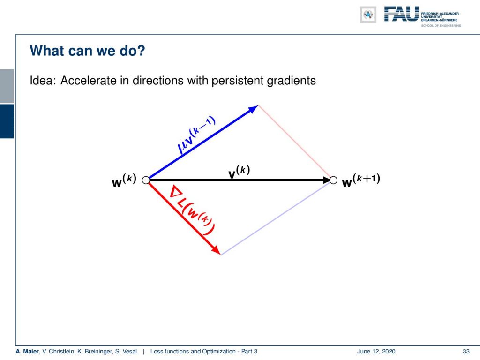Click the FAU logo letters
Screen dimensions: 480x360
click(x=401, y=14)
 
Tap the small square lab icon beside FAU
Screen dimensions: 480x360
click(x=368, y=15)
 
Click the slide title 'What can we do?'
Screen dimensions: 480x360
click(x=87, y=51)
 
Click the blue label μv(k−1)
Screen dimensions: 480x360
click(x=196, y=135)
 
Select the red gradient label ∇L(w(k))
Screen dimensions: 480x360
click(x=192, y=210)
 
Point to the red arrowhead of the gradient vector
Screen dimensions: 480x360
click(x=216, y=249)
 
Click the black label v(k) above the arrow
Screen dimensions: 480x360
click(x=239, y=172)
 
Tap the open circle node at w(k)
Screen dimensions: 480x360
click(x=146, y=180)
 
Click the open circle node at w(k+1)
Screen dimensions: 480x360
click(x=333, y=180)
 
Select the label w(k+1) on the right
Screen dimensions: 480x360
click(x=361, y=180)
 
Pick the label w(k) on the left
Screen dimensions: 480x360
click(x=124, y=180)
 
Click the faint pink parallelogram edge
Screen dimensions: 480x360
click(x=294, y=142)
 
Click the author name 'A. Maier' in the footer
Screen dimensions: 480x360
click(x=27, y=351)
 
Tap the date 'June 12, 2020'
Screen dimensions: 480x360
click(x=376, y=351)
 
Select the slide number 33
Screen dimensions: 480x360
click(x=466, y=351)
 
